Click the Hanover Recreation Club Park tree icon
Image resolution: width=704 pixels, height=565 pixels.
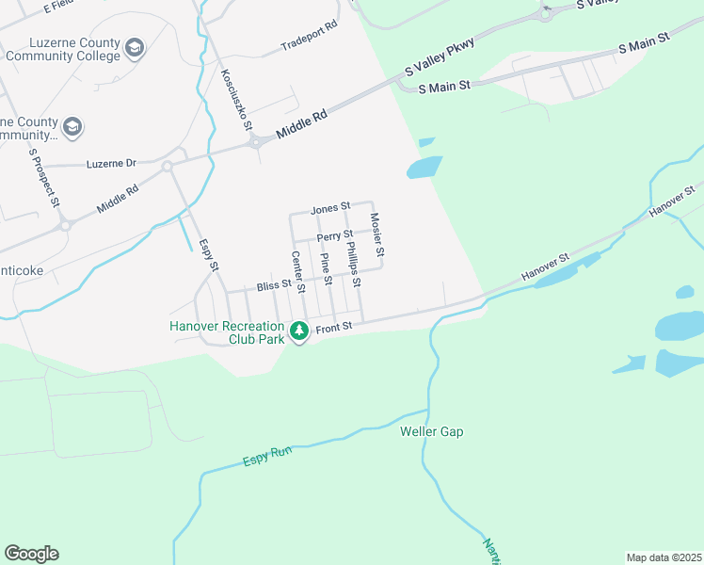pyautogui.click(x=299, y=331)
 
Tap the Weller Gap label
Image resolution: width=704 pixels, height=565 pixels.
pyautogui.click(x=432, y=432)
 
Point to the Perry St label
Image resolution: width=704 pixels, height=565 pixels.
pyautogui.click(x=334, y=234)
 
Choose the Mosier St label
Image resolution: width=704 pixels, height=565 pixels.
pyautogui.click(x=376, y=235)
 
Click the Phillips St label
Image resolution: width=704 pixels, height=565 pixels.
pyautogui.click(x=353, y=265)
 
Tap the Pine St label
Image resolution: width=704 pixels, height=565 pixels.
pyautogui.click(x=326, y=269)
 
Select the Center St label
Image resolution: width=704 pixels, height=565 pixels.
pyautogui.click(x=297, y=271)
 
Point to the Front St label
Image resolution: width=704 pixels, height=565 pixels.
pyautogui.click(x=333, y=327)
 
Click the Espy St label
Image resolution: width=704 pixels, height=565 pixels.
pyautogui.click(x=208, y=255)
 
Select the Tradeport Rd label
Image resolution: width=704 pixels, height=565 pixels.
pyautogui.click(x=309, y=46)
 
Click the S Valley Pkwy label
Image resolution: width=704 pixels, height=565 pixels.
pyautogui.click(x=439, y=57)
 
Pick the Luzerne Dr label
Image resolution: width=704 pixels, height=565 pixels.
pyautogui.click(x=111, y=163)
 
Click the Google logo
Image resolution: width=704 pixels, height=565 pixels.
pyautogui.click(x=31, y=554)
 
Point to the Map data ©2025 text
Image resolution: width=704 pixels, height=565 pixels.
pyautogui.click(x=663, y=557)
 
